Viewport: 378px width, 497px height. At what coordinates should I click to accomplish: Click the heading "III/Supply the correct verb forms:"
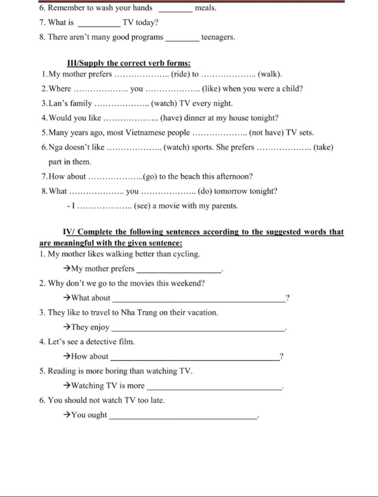pos(128,63)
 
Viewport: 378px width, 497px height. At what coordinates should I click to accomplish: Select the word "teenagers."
pos(218,37)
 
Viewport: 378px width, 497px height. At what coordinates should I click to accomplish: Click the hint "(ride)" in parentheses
pos(180,74)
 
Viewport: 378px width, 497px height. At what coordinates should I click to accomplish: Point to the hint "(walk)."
pos(270,74)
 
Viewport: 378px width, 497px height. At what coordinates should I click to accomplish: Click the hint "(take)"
pos(323,147)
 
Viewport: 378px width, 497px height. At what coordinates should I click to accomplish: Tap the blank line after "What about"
pos(199,300)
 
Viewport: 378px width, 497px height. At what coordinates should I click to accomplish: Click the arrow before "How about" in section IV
pos(67,356)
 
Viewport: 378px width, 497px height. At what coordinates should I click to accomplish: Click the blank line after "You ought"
pos(183,417)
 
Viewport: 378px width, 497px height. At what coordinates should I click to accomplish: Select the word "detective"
pos(101,342)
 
